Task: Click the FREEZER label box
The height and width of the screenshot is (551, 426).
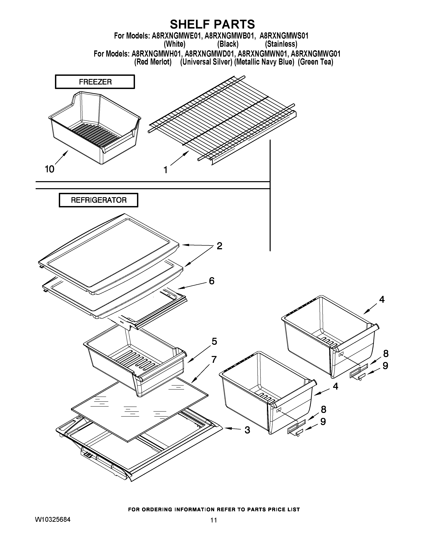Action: (x=95, y=82)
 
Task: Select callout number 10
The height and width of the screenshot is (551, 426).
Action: (x=49, y=169)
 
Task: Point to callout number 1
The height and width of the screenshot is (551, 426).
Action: (x=166, y=170)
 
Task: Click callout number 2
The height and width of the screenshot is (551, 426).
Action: (x=220, y=246)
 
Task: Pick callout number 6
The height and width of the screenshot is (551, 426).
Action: (x=211, y=281)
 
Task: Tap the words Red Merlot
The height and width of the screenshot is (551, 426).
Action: (x=153, y=62)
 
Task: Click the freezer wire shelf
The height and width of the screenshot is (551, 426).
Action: (x=222, y=119)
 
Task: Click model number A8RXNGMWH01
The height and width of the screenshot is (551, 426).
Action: (x=157, y=54)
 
